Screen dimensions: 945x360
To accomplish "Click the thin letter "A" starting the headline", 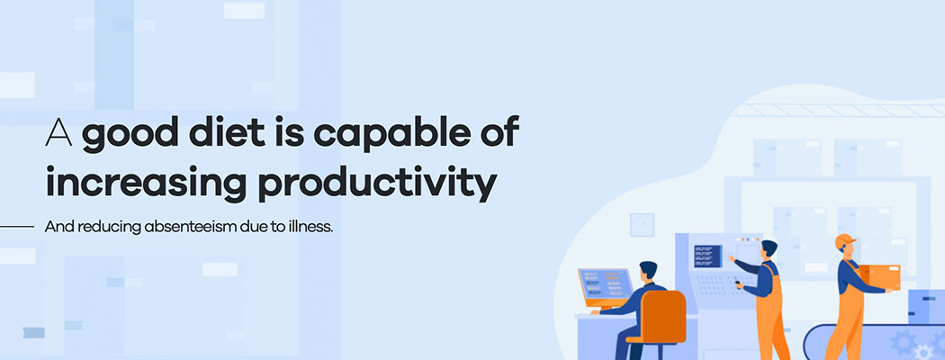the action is point(59,132).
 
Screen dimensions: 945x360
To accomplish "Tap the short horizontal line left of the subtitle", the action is point(17,227).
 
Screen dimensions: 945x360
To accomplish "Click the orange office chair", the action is point(660,319).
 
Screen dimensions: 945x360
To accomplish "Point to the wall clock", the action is point(642,224).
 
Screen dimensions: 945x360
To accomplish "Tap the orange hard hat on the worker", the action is point(845,240).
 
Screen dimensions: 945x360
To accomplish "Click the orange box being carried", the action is point(879,277).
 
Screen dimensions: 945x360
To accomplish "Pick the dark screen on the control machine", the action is point(707,256).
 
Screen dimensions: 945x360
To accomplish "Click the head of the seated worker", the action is point(649,272).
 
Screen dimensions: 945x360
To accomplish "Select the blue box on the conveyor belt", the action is point(926,306).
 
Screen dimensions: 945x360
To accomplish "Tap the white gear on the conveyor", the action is point(922,352).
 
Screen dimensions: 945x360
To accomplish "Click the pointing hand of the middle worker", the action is point(730,258).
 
